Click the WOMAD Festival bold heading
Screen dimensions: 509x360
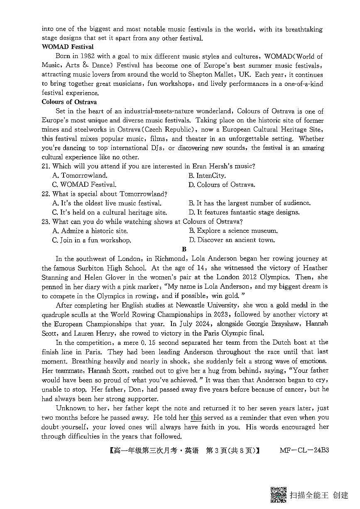(x=67, y=47)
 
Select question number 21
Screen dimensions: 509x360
(x=46, y=166)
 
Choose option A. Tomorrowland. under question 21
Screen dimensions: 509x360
(x=80, y=175)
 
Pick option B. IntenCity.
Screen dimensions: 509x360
(x=207, y=175)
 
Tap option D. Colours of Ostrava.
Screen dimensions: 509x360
(x=222, y=185)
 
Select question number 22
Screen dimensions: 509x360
(x=46, y=194)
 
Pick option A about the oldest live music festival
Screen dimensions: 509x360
(x=107, y=203)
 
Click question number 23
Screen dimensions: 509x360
(x=46, y=222)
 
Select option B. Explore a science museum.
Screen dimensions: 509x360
(x=233, y=231)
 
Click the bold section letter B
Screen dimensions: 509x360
(x=184, y=249)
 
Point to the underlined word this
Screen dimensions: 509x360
(x=196, y=418)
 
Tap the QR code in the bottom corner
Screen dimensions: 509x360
(x=278, y=494)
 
